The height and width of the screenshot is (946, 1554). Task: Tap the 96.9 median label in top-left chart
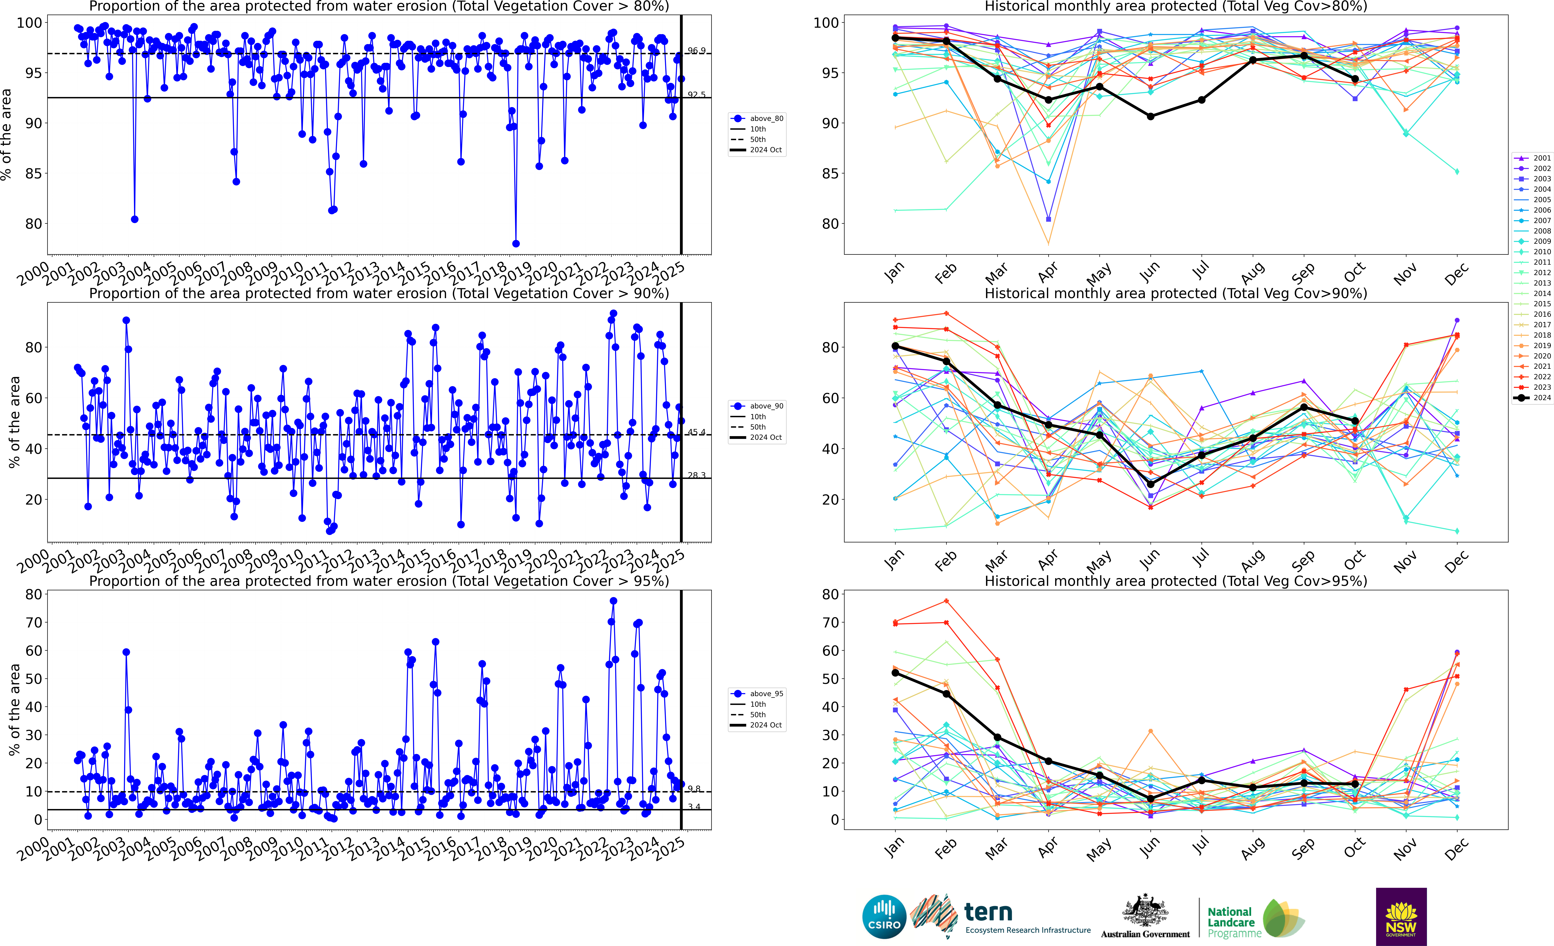[696, 50]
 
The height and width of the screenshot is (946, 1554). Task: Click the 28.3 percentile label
[696, 475]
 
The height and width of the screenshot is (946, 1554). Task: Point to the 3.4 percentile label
[694, 807]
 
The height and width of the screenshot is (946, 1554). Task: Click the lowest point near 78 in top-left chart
[516, 243]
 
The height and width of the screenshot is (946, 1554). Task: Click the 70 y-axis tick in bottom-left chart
[33, 622]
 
